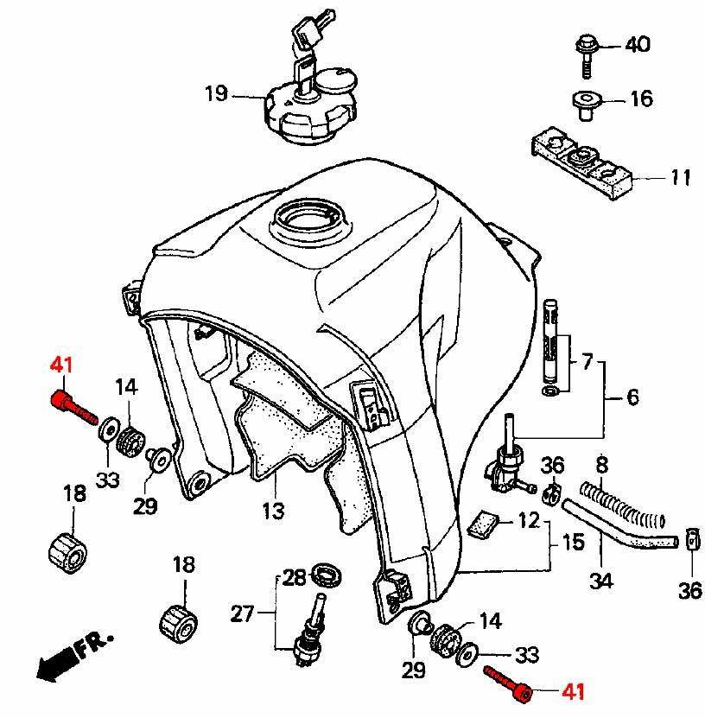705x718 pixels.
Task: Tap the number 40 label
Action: tap(638, 45)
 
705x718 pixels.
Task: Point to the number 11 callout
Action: tap(680, 177)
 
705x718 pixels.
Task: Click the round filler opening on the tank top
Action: tap(309, 219)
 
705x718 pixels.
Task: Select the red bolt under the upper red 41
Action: tap(73, 407)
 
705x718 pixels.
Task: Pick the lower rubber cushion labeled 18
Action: tap(179, 623)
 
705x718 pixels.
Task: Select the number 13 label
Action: tap(273, 510)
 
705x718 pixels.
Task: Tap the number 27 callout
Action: tap(242, 613)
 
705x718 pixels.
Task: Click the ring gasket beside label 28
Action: tap(327, 576)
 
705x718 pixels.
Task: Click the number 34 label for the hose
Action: tap(600, 581)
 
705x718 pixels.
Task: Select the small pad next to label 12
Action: tap(481, 524)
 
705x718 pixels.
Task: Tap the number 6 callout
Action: tap(632, 397)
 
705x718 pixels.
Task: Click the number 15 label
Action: tap(573, 542)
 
